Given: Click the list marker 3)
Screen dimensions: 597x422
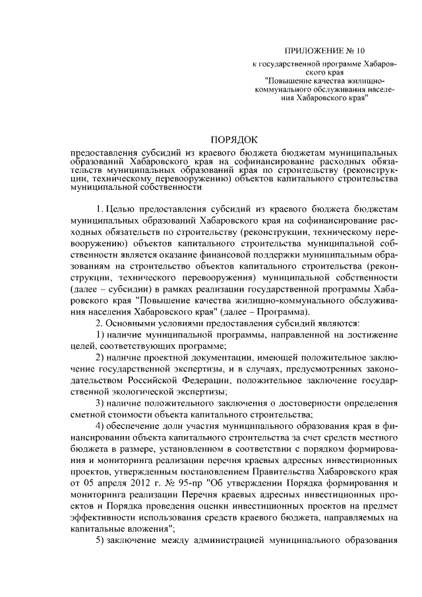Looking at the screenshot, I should tap(101, 403).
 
